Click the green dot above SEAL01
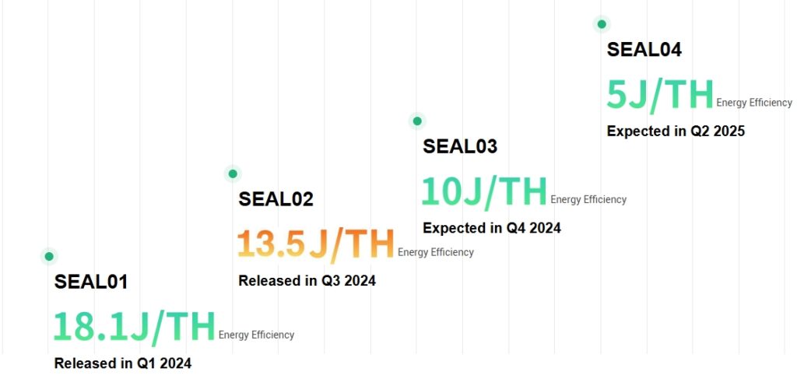(49, 256)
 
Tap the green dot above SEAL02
(232, 174)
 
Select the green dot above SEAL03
(417, 121)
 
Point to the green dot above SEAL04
(601, 24)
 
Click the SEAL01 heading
(91, 282)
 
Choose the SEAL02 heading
(276, 199)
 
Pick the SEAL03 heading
(460, 146)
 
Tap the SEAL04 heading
(644, 50)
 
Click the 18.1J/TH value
(134, 327)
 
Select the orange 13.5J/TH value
(316, 244)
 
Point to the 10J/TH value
(484, 191)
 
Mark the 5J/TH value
(660, 95)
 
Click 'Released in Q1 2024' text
(122, 363)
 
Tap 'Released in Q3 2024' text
(307, 281)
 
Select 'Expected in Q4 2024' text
(492, 228)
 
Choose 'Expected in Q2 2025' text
(676, 132)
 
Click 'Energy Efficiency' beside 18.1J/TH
(256, 335)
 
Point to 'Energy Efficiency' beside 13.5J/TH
(435, 252)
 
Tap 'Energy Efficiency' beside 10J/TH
(588, 199)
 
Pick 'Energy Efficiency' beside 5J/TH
(754, 103)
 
